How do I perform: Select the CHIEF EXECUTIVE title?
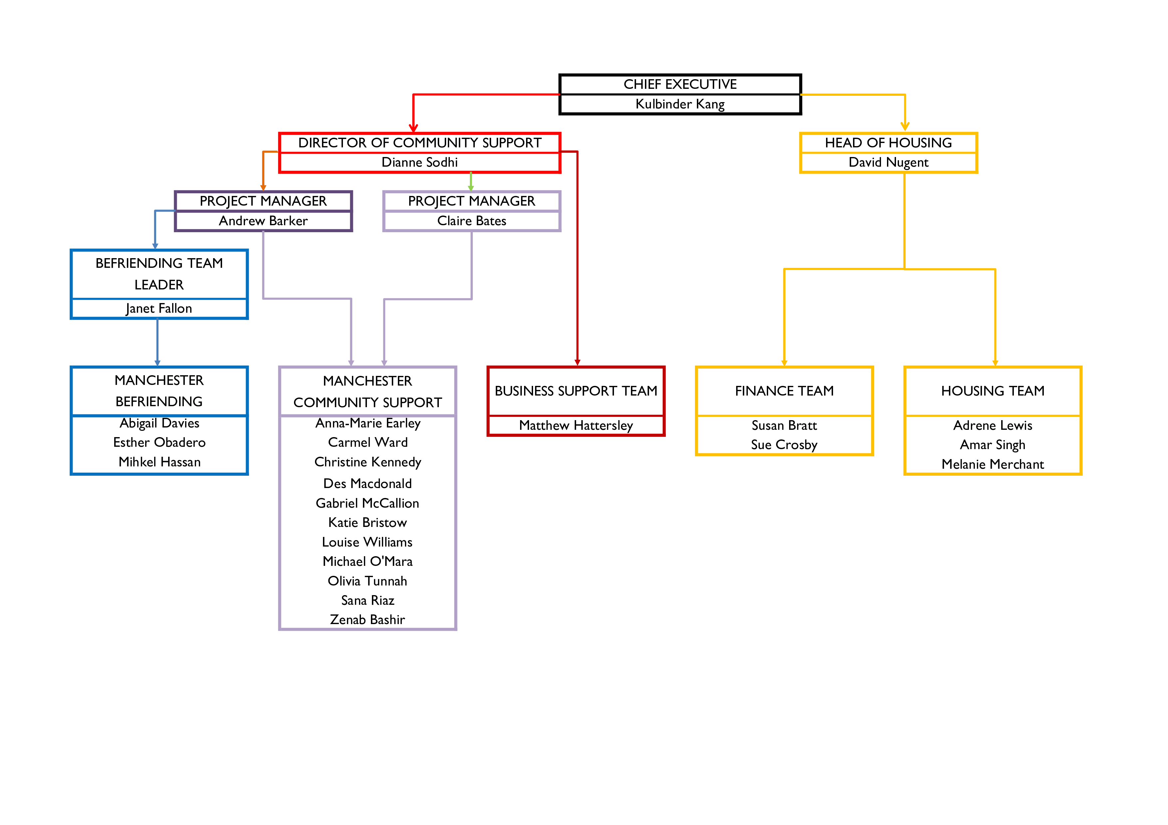click(x=680, y=84)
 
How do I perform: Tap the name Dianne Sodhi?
click(x=420, y=162)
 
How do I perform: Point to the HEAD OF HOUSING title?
click(x=888, y=143)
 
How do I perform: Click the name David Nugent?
click(x=888, y=162)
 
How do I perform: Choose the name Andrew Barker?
click(x=263, y=221)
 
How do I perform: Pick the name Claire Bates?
click(x=471, y=221)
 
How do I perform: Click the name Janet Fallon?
click(x=159, y=309)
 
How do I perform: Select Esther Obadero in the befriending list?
click(x=159, y=442)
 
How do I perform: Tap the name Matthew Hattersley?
click(x=576, y=425)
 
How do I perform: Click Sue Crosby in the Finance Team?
click(x=784, y=445)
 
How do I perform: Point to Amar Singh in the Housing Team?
click(x=993, y=445)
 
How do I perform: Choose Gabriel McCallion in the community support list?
click(x=367, y=503)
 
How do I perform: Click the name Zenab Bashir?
click(x=367, y=620)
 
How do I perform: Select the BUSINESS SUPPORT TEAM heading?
click(x=576, y=391)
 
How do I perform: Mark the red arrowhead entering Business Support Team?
click(x=577, y=362)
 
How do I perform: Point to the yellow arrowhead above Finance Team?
click(x=784, y=363)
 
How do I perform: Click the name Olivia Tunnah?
click(x=367, y=581)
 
